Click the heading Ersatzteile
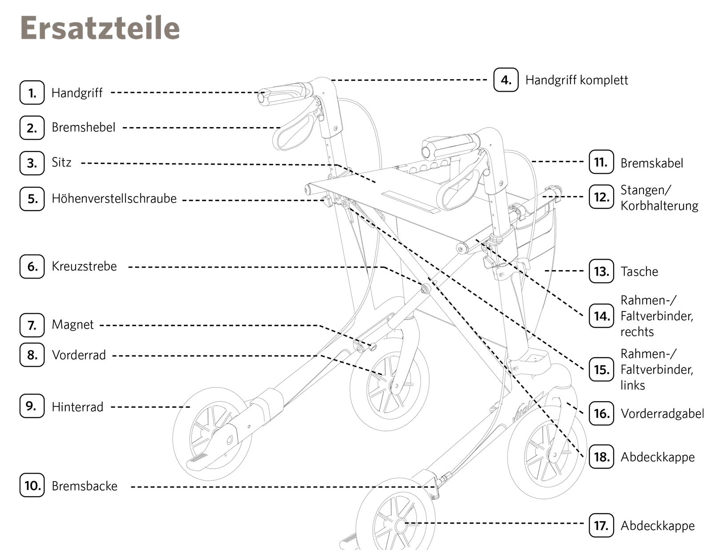click(100, 28)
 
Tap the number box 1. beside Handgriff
click(32, 92)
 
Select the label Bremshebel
click(83, 128)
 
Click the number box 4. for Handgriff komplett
click(506, 80)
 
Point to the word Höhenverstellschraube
click(114, 199)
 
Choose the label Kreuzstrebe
click(84, 266)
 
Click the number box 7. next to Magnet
click(32, 325)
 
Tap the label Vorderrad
click(79, 355)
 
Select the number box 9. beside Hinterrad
click(32, 406)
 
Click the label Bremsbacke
click(84, 486)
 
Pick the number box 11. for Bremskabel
click(601, 162)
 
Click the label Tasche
click(639, 271)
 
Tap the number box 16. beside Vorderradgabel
click(601, 414)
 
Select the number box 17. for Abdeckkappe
click(601, 526)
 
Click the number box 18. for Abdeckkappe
click(601, 456)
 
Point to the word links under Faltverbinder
click(632, 385)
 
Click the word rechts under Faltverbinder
click(637, 332)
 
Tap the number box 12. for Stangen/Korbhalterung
click(601, 197)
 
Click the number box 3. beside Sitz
click(32, 163)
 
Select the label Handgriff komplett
click(576, 80)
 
